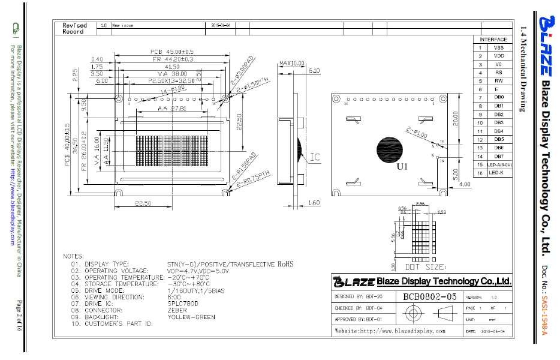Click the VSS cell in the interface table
coord(498,47)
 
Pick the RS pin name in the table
coord(498,73)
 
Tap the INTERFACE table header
coord(493,39)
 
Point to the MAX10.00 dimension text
coord(292,63)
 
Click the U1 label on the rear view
coord(402,167)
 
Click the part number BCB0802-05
coord(430,296)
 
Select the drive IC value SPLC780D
coord(184,304)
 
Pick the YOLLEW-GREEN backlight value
coord(191,317)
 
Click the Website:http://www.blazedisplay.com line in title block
coord(390,331)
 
